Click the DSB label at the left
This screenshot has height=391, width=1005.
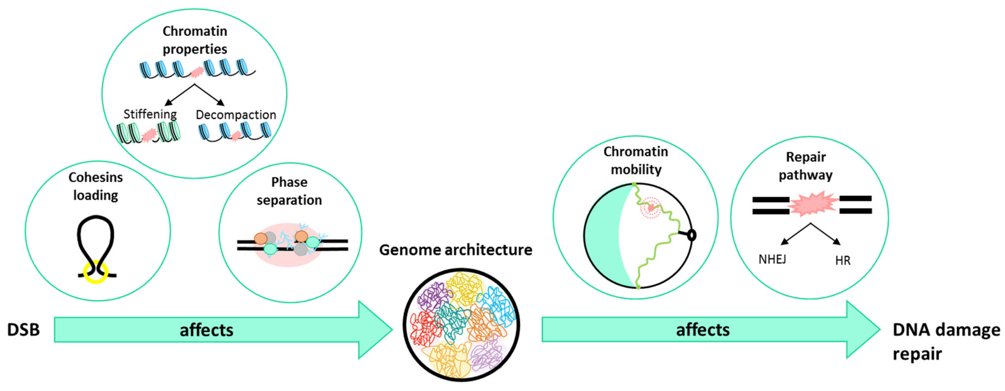tap(23, 330)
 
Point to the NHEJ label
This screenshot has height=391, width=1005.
tap(772, 259)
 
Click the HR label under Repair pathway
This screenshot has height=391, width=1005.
tap(843, 261)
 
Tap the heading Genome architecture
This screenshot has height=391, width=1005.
tap(455, 250)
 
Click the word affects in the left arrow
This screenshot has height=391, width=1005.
tap(206, 330)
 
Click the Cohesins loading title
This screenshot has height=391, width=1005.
tap(96, 186)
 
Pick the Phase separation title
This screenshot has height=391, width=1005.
tap(289, 191)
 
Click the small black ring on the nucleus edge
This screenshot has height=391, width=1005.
tap(691, 235)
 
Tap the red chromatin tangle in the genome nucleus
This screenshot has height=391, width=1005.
tap(423, 327)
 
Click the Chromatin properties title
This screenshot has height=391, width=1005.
tap(195, 40)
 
